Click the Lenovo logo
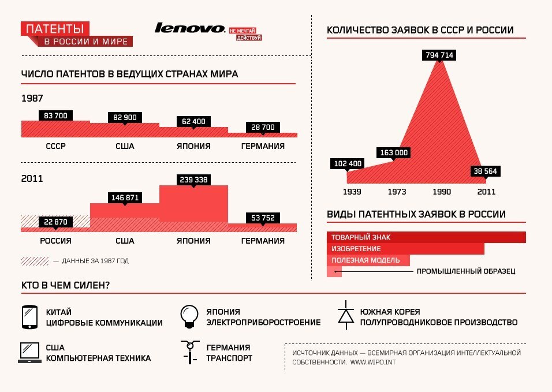(x=190, y=28)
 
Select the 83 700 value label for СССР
(x=55, y=116)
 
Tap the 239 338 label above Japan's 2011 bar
(x=194, y=180)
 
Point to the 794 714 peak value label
(x=439, y=55)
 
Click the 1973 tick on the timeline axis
(x=397, y=192)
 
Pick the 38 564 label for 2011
(x=485, y=171)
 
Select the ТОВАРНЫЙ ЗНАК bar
(x=426, y=237)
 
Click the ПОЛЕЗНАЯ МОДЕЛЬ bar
(x=368, y=260)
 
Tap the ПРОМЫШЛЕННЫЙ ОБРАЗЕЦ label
(x=465, y=271)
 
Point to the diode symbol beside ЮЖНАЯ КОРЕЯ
(x=346, y=315)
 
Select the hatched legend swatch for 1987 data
(x=35, y=261)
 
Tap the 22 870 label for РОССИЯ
(x=55, y=222)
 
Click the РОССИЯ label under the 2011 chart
(x=55, y=241)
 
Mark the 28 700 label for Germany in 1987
(x=263, y=127)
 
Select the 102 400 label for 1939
(x=348, y=163)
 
